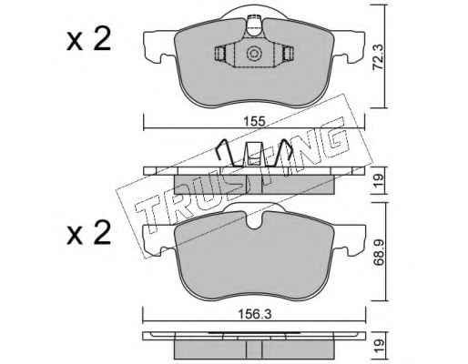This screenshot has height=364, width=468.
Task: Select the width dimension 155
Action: [x=254, y=122]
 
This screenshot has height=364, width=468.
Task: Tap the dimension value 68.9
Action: [x=379, y=252]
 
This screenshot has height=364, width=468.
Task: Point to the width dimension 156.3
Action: [x=254, y=314]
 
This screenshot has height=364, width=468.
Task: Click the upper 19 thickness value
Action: [x=379, y=180]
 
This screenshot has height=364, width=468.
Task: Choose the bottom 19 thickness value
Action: [x=379, y=346]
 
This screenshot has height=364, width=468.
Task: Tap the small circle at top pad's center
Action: [x=254, y=54]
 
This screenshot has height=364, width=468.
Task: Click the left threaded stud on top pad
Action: [x=220, y=54]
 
